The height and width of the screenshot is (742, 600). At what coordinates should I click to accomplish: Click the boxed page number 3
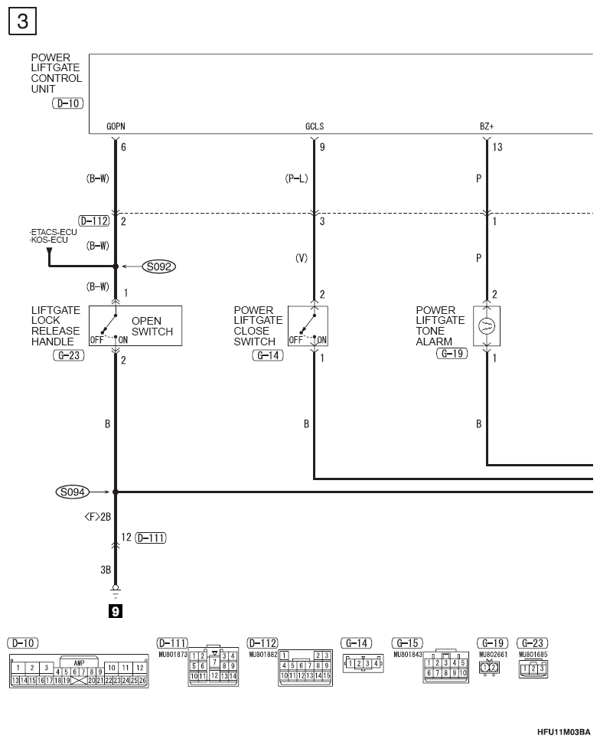point(22,21)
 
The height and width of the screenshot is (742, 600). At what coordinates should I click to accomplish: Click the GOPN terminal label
point(116,126)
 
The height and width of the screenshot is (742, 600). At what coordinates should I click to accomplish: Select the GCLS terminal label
point(315,126)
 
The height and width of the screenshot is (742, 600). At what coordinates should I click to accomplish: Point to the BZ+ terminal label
point(487,126)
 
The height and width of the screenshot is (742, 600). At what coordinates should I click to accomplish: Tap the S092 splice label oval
point(159,266)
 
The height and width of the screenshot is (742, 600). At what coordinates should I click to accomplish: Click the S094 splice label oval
point(73,492)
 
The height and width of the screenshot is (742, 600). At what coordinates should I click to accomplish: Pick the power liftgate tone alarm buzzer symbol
point(487,326)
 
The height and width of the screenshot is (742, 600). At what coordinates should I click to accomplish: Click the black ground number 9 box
point(116,611)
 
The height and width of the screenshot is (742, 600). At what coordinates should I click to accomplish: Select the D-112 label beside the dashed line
point(94,221)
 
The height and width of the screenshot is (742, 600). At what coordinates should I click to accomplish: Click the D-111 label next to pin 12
point(151,538)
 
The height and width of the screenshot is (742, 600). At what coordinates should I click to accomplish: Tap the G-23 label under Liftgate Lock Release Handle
point(69,355)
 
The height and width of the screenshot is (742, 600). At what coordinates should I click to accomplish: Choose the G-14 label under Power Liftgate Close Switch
point(268,355)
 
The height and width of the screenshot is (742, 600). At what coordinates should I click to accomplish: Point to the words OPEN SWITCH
point(152,326)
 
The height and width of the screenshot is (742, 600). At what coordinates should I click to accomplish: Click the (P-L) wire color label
point(296,178)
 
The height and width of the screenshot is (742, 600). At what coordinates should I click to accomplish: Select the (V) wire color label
point(302,258)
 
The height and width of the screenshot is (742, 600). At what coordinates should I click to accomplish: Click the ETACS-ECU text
point(53,232)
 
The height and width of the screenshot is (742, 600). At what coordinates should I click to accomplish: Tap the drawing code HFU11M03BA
point(563,732)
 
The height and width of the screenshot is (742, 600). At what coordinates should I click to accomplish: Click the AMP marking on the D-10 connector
point(79,663)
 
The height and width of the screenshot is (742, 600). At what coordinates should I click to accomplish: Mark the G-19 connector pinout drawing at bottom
point(489,668)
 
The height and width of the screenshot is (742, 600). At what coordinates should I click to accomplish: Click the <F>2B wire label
point(97,517)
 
